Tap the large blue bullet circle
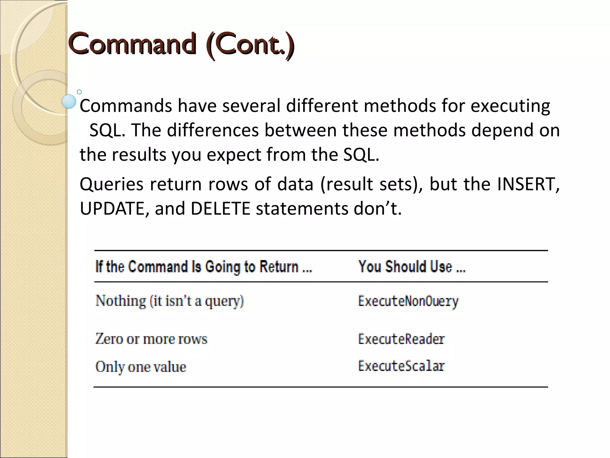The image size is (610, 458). point(69,101)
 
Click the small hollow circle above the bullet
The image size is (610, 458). point(79,92)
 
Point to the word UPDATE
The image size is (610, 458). point(112,208)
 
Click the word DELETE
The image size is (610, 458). point(220,208)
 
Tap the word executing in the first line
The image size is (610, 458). point(510,106)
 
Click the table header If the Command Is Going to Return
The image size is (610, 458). point(203,267)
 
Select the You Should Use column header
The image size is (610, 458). point(412,267)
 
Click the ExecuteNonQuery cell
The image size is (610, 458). point(408,301)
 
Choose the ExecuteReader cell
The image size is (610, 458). point(401,339)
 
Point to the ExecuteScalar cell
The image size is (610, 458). point(401,366)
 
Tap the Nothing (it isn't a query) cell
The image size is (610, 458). point(169,301)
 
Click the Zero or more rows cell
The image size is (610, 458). point(151,339)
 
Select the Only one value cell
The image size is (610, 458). point(141,367)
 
